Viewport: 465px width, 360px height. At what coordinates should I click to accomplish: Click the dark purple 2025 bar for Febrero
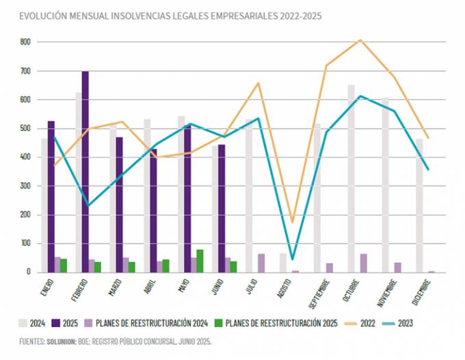coord(85,171)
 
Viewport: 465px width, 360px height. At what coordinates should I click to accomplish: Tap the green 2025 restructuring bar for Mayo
coord(199,261)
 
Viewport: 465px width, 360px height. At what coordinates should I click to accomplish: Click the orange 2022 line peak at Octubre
coord(360,40)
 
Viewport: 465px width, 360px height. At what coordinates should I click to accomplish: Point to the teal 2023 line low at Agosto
coord(293,259)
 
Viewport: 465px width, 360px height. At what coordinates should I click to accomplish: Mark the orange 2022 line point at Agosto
coord(293,222)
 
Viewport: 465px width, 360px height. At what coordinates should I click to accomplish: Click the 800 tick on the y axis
coord(25,42)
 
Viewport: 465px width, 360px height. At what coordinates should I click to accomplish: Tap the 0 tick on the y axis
coord(29,272)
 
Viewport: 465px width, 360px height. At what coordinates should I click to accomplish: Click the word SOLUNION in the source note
coord(63,340)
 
